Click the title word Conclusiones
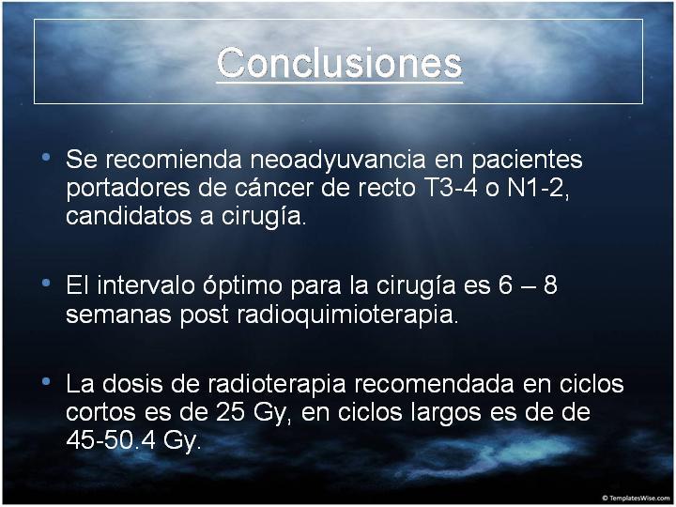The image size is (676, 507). coord(339,63)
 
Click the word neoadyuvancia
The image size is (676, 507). coord(338,161)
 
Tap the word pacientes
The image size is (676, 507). coord(527,161)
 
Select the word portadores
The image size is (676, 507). coord(128,189)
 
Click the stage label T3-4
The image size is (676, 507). coord(448,188)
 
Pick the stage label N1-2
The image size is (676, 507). coord(535,188)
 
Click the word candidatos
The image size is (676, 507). coord(129,216)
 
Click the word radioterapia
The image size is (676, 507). coord(277,385)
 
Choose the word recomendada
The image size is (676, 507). coord(434,384)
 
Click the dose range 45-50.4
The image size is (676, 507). coord(111,440)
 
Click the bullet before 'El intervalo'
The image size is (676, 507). coord(46,283)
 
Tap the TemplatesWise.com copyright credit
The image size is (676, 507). coord(636,498)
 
